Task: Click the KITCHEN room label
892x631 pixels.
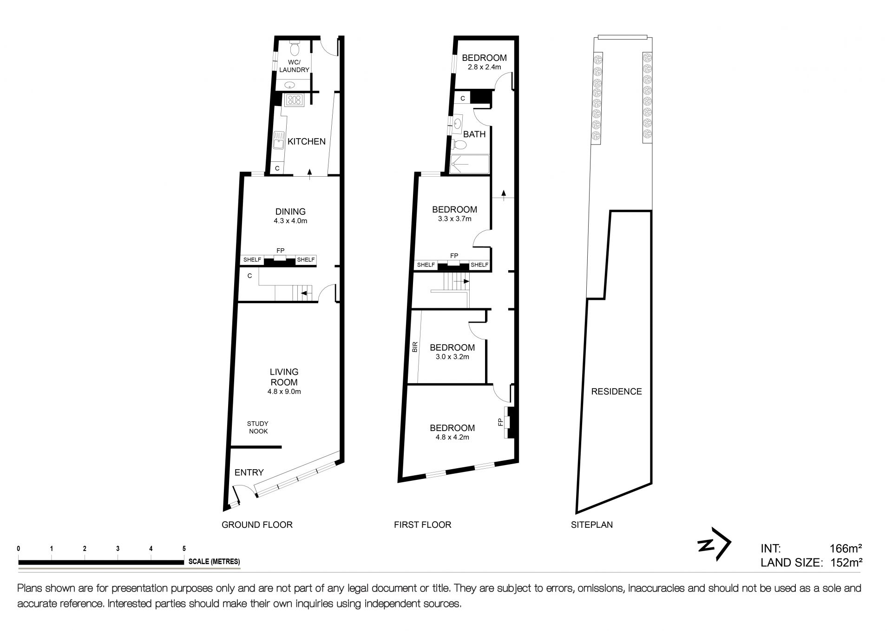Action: [x=307, y=141]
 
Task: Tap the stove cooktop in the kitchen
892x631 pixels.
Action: [x=295, y=99]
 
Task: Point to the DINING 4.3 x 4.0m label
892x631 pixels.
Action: [x=290, y=216]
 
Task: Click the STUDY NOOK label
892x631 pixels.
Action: [x=258, y=427]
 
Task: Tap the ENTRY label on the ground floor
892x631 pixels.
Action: [x=249, y=472]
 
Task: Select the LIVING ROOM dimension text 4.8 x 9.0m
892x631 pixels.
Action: [x=284, y=392]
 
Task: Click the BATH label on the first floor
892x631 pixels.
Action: [x=474, y=134]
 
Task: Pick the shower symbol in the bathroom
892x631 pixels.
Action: [x=470, y=164]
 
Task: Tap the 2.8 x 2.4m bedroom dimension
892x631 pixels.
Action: [x=484, y=67]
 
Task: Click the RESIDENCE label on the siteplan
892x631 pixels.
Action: [x=617, y=392]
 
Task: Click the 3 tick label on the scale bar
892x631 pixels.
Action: [x=118, y=549]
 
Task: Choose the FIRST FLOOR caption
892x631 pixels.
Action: [x=423, y=525]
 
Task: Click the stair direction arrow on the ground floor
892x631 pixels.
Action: [x=305, y=293]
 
